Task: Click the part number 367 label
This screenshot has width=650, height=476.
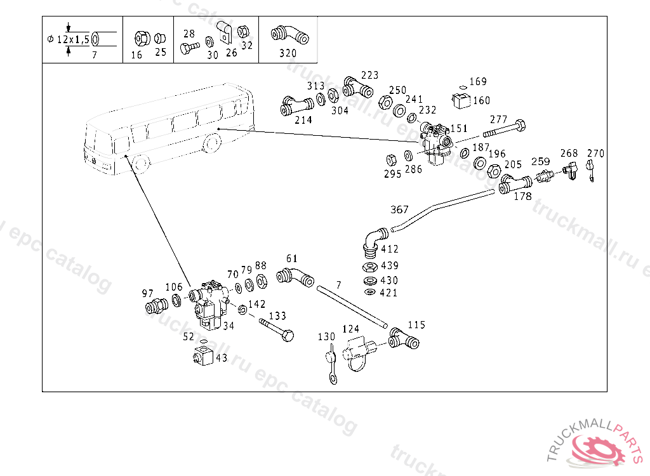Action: click(400, 210)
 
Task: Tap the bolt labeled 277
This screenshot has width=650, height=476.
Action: click(504, 131)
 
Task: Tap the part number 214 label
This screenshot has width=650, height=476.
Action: click(303, 119)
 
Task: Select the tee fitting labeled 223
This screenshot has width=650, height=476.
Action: click(356, 87)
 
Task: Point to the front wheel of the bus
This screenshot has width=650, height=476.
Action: click(141, 164)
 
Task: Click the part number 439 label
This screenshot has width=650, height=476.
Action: click(388, 265)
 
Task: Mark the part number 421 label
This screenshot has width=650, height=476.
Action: click(388, 293)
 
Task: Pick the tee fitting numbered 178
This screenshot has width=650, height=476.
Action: click(515, 185)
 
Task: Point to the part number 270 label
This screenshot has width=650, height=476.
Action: click(595, 154)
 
